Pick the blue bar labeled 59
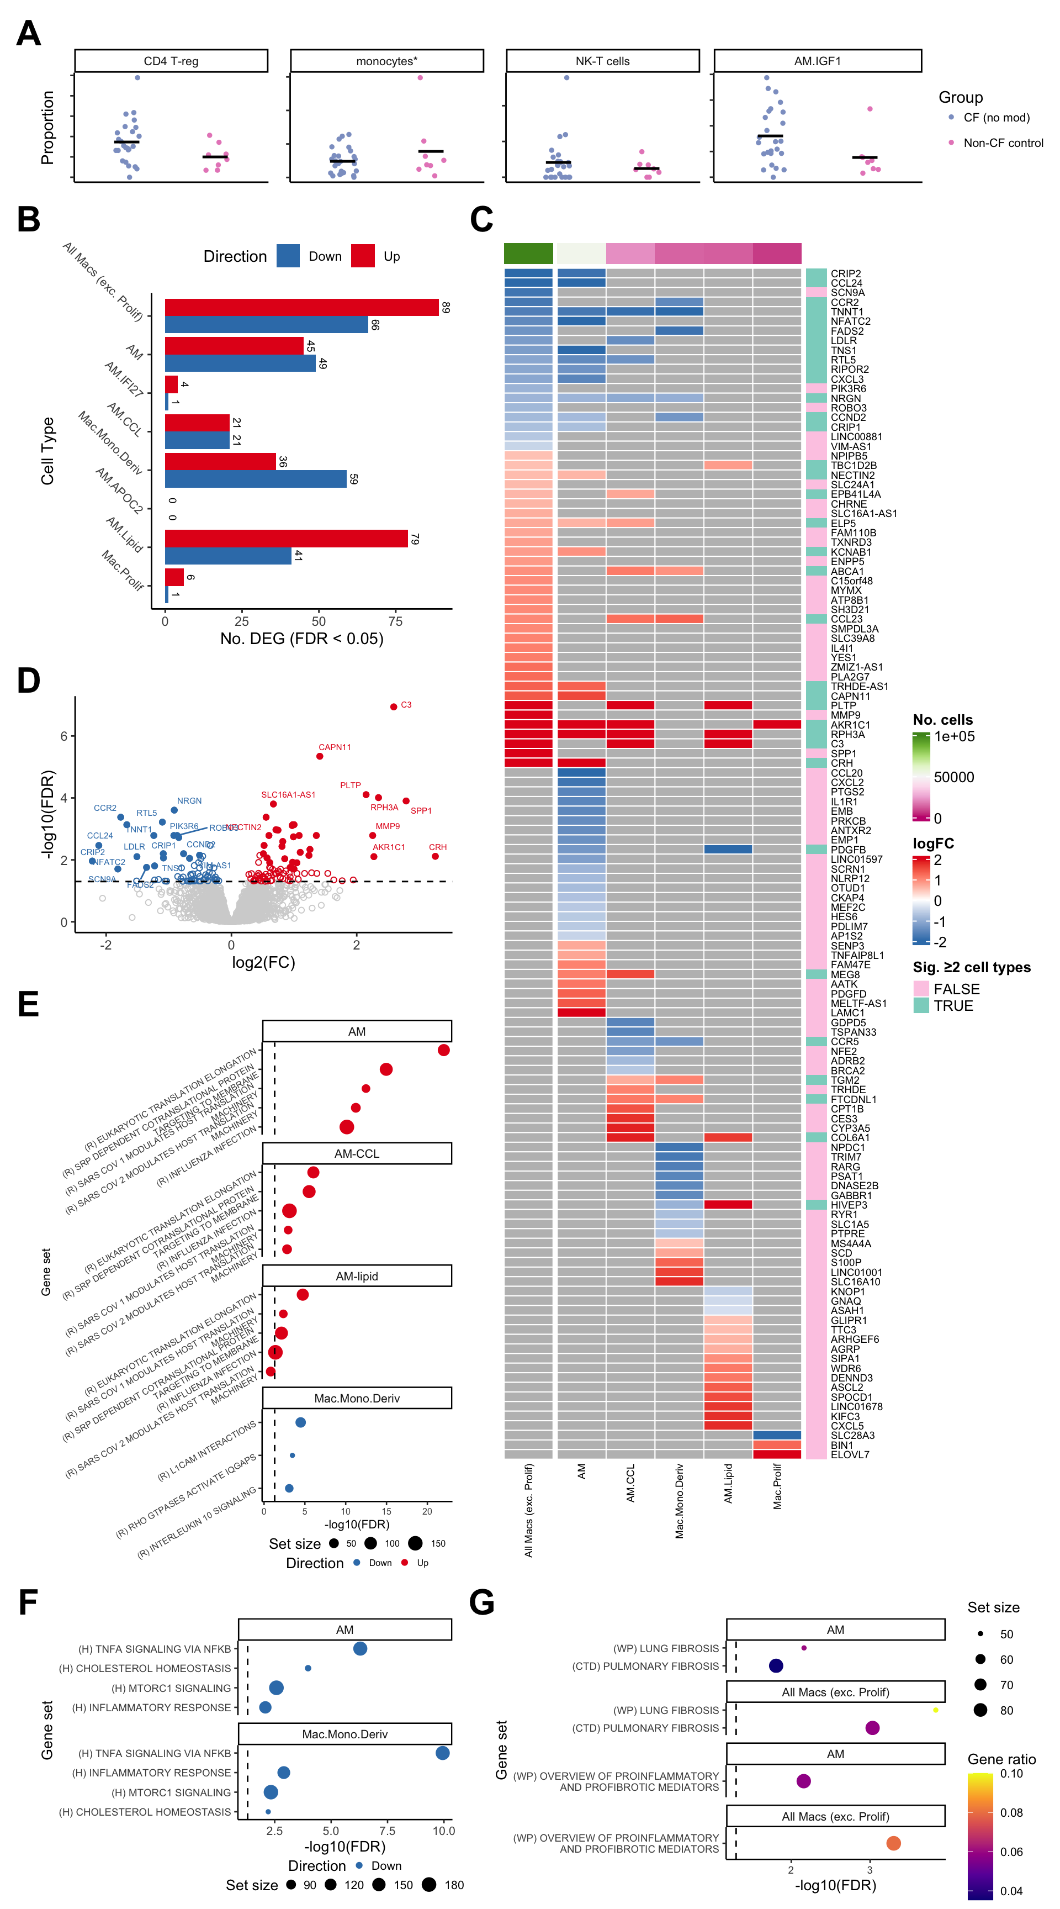[256, 479]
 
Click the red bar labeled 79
[286, 539]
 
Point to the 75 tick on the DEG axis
[395, 621]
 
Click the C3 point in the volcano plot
[393, 707]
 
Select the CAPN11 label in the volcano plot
[335, 747]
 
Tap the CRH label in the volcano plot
[438, 847]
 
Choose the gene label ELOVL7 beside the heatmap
[850, 1455]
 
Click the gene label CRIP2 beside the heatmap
[845, 274]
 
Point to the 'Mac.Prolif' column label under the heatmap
[777, 1486]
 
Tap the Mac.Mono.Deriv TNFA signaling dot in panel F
[442, 1753]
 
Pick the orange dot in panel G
[893, 1843]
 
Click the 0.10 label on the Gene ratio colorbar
[1011, 1773]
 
